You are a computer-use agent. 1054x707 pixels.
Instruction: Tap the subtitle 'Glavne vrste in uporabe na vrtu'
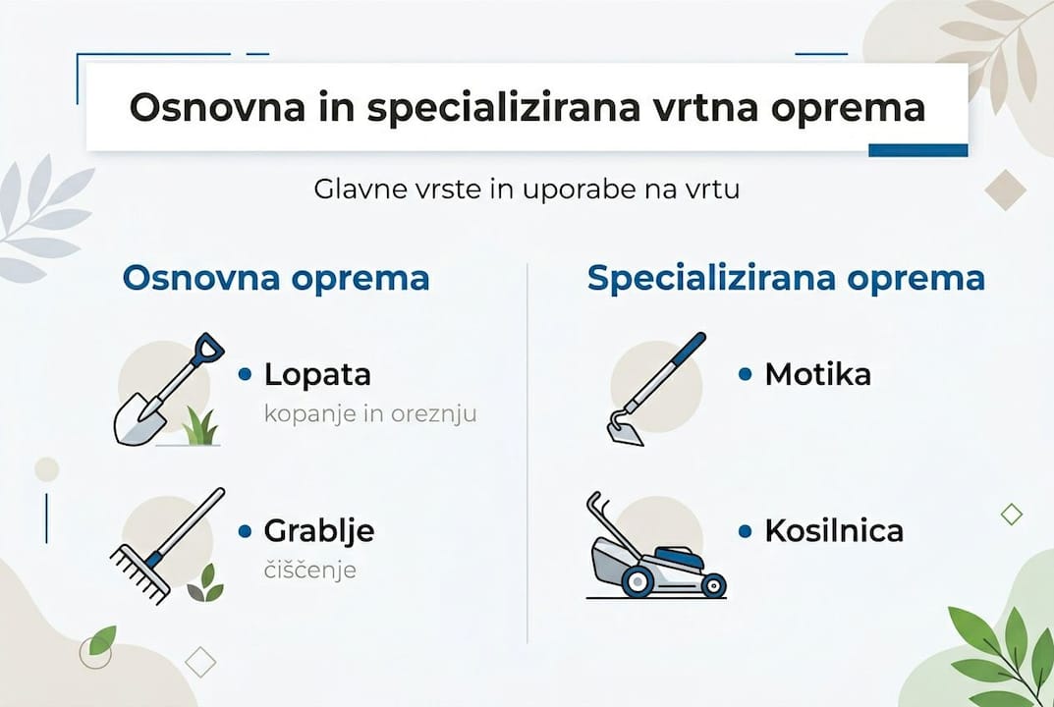(x=527, y=189)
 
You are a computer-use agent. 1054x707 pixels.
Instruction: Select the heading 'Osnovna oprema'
(x=276, y=278)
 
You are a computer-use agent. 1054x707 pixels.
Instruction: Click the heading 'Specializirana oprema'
(x=786, y=278)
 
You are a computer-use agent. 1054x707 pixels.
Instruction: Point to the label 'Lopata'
(x=317, y=374)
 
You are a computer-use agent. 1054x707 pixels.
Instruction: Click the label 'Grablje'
(x=319, y=531)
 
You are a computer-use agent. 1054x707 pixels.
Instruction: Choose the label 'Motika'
(x=817, y=374)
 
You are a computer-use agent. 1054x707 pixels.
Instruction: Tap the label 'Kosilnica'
(x=834, y=531)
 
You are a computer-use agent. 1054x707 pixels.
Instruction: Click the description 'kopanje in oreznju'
(x=370, y=413)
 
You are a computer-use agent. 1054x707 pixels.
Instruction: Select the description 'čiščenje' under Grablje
(x=309, y=571)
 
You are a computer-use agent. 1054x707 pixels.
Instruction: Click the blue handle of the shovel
(x=207, y=349)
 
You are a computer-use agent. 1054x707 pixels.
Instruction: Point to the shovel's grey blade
(x=139, y=419)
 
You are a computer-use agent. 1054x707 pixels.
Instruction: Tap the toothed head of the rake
(x=139, y=574)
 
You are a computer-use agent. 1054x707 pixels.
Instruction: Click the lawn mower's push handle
(x=600, y=512)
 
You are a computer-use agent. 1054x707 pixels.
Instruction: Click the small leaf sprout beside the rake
(x=205, y=584)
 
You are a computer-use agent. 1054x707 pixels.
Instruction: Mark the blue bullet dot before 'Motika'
(x=745, y=374)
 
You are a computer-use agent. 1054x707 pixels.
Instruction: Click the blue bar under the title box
(x=917, y=150)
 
